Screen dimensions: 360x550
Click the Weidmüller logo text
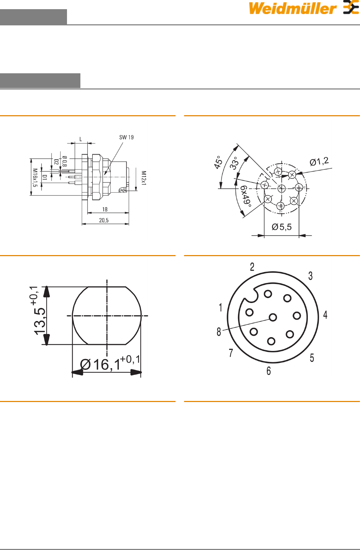pyautogui.click(x=293, y=8)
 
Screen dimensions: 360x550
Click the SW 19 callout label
pyautogui.click(x=126, y=137)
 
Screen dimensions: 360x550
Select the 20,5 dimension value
pyautogui.click(x=104, y=220)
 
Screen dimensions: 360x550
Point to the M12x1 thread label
pyautogui.click(x=144, y=178)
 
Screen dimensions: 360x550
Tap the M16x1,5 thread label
pyautogui.click(x=35, y=178)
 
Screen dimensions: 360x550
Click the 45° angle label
pyautogui.click(x=218, y=162)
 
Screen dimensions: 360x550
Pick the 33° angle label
pyautogui.click(x=234, y=163)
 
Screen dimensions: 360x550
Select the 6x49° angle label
pyautogui.click(x=246, y=196)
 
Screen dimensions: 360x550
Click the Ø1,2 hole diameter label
pyautogui.click(x=319, y=162)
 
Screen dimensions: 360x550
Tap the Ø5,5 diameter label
pyautogui.click(x=282, y=227)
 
